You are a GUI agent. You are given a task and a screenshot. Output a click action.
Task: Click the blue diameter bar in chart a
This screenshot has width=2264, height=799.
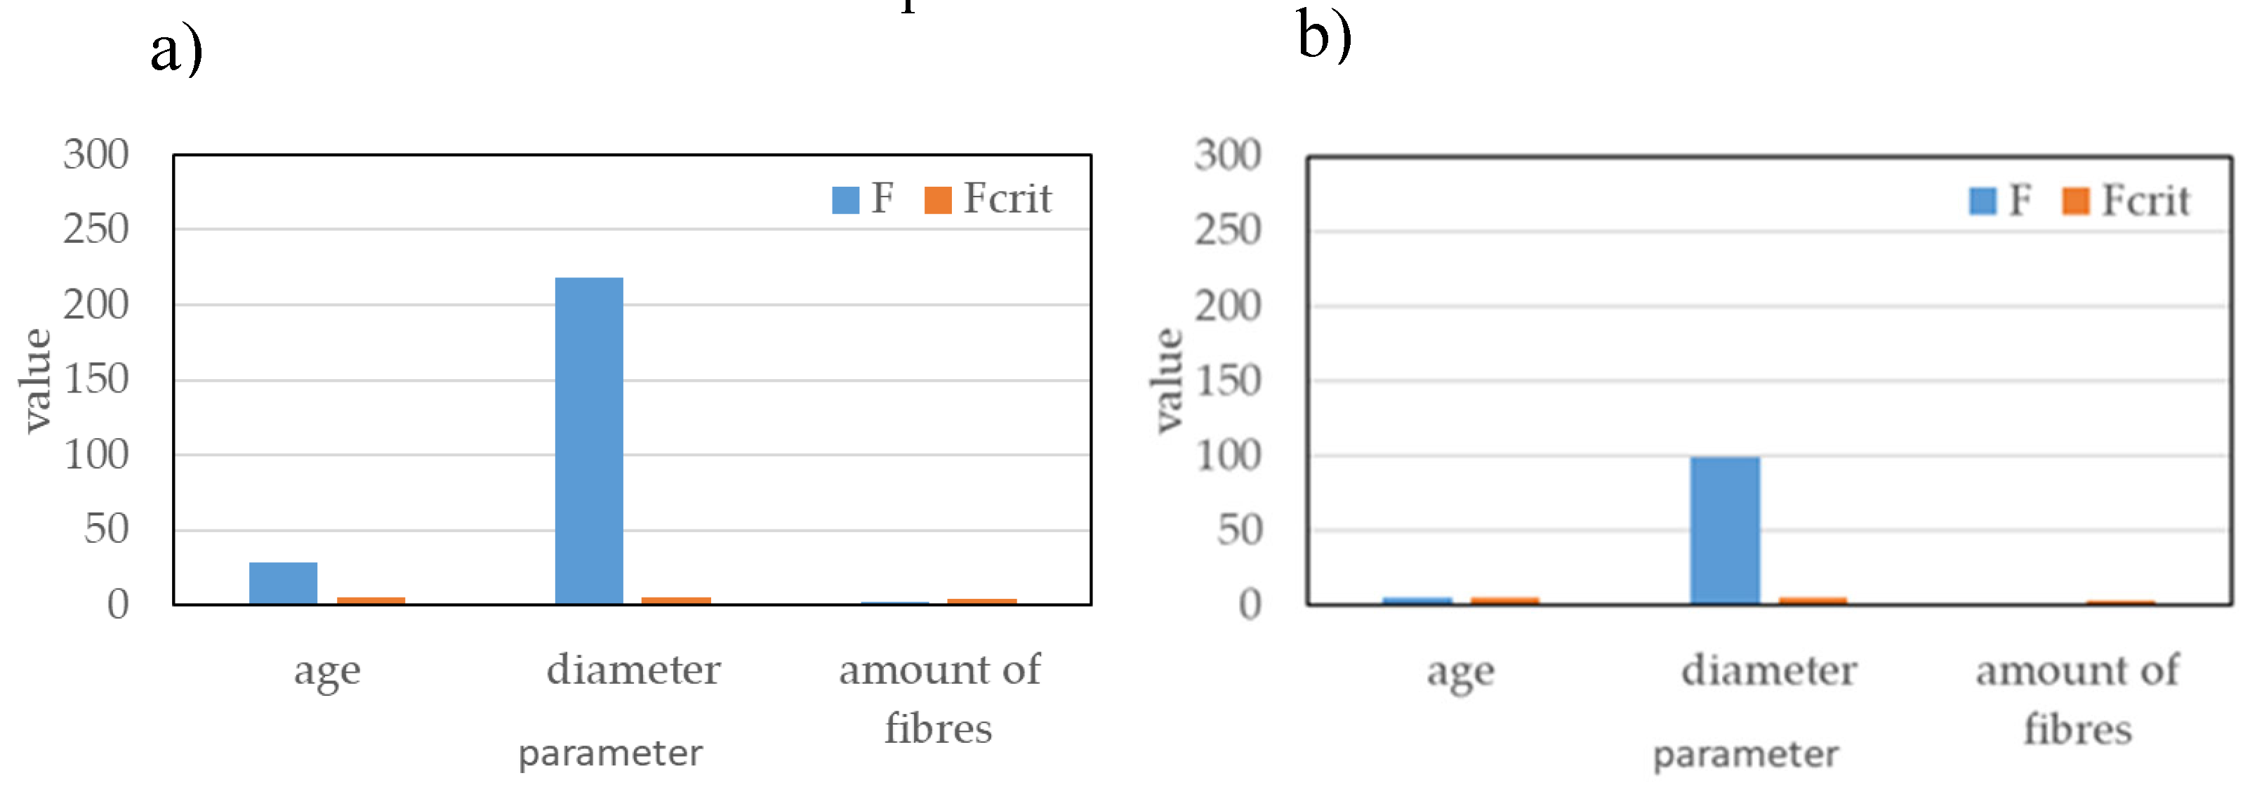(589, 440)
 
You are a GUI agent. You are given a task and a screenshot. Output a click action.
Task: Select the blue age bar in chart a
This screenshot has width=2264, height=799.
(283, 583)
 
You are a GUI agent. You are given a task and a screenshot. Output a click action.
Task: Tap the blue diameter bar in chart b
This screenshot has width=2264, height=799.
(1724, 530)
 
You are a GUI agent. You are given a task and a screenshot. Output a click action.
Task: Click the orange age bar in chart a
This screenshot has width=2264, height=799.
(371, 600)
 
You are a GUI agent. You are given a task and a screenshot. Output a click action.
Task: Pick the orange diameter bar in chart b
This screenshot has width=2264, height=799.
(1813, 601)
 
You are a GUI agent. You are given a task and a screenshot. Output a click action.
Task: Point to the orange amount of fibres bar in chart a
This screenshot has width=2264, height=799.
(981, 601)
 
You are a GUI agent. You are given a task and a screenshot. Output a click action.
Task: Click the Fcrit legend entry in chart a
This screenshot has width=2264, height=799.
(988, 199)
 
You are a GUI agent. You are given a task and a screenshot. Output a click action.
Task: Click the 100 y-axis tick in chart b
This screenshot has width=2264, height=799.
(1228, 456)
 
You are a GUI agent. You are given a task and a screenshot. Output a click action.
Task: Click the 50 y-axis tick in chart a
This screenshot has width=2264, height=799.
(106, 529)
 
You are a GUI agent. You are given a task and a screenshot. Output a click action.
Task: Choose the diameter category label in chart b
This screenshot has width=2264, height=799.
(1768, 671)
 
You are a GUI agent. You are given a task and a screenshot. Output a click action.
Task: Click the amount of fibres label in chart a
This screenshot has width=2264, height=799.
(939, 698)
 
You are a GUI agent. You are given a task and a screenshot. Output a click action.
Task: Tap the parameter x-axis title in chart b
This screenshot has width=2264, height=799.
(1745, 754)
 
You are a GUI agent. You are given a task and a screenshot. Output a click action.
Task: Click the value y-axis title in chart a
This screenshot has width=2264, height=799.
(35, 380)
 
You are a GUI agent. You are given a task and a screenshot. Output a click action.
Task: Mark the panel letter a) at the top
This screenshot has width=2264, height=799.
(176, 50)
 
